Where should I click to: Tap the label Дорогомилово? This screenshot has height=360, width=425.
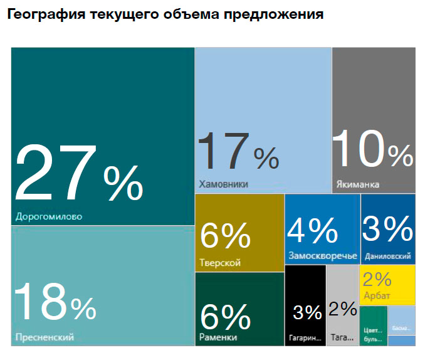point(48,218)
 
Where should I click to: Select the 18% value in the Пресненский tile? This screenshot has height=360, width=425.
point(55,302)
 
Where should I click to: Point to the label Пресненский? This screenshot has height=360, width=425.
point(44,337)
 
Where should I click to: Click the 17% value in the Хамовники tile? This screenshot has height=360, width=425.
point(238,151)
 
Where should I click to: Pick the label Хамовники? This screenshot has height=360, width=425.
point(223,184)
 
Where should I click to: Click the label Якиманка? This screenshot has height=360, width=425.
point(357,185)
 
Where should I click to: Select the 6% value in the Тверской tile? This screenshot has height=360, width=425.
point(225,236)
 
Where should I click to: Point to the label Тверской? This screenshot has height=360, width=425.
point(219,263)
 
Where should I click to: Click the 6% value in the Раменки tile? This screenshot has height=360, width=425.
point(225,317)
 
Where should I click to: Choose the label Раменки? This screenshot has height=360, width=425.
point(218,337)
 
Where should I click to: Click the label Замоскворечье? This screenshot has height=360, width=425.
point(323,256)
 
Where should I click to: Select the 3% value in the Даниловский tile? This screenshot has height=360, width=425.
point(387,230)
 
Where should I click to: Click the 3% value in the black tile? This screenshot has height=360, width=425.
point(307,311)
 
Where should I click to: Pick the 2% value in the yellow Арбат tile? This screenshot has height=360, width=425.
point(377,279)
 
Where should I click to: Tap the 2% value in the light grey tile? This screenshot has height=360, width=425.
point(342,309)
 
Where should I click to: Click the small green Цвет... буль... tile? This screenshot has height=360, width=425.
point(374,326)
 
